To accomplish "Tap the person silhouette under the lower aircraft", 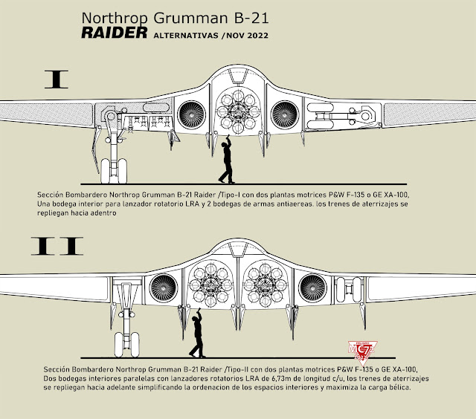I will (196, 334).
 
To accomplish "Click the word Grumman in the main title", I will (178, 16).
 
